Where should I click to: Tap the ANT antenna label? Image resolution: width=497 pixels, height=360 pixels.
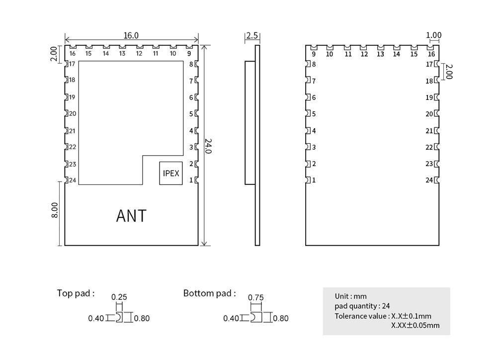tap(131, 216)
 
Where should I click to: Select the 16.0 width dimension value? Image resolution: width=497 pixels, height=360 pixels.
tap(131, 35)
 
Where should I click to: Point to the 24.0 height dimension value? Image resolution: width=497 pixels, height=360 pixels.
tap(208, 145)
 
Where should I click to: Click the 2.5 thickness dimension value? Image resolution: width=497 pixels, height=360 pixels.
tap(252, 35)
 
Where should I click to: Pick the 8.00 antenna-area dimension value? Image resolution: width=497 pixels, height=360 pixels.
tap(56, 209)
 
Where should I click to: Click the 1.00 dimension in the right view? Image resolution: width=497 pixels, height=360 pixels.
tap(433, 35)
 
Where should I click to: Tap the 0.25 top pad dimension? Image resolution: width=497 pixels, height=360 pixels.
tap(119, 297)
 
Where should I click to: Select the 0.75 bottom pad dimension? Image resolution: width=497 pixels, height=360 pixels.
tap(255, 297)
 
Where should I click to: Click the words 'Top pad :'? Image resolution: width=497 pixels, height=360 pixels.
tap(76, 293)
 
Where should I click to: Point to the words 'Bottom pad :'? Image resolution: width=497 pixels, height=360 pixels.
tap(210, 293)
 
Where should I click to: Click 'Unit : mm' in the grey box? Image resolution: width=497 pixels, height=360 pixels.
tap(350, 296)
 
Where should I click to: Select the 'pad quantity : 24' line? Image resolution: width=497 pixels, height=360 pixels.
tap(362, 306)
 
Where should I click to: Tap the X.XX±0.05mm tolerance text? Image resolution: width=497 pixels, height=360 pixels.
tap(415, 325)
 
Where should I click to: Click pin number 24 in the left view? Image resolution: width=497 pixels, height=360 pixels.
tap(73, 180)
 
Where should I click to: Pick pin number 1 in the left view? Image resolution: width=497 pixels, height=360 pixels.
tap(191, 180)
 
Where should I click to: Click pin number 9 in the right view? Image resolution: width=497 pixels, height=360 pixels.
tap(314, 54)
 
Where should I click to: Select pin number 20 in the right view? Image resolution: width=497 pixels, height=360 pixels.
tap(429, 114)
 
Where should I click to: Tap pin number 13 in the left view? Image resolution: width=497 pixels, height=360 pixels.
tap(122, 53)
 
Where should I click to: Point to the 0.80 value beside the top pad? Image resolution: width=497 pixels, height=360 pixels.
tap(142, 318)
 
